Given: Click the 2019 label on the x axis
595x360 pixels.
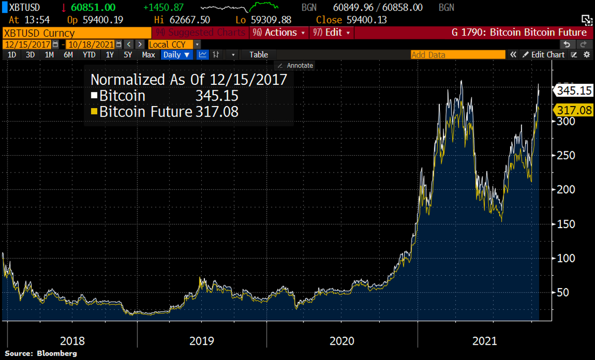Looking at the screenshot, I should click(202, 341).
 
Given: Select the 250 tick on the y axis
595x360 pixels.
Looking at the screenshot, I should click(564, 155).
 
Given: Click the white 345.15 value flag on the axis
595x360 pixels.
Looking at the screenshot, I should click(574, 91).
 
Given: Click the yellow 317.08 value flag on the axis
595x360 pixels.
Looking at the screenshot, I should click(574, 110).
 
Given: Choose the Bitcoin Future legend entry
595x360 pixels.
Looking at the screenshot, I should click(146, 112).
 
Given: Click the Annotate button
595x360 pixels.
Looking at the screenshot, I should click(296, 65).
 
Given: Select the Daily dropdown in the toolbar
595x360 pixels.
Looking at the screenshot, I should click(176, 55).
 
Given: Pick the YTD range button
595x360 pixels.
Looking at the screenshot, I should click(89, 55).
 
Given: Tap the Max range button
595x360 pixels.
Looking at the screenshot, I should click(148, 55).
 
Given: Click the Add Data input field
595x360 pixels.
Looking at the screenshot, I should click(456, 55).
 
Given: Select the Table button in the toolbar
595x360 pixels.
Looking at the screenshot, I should click(258, 55).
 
